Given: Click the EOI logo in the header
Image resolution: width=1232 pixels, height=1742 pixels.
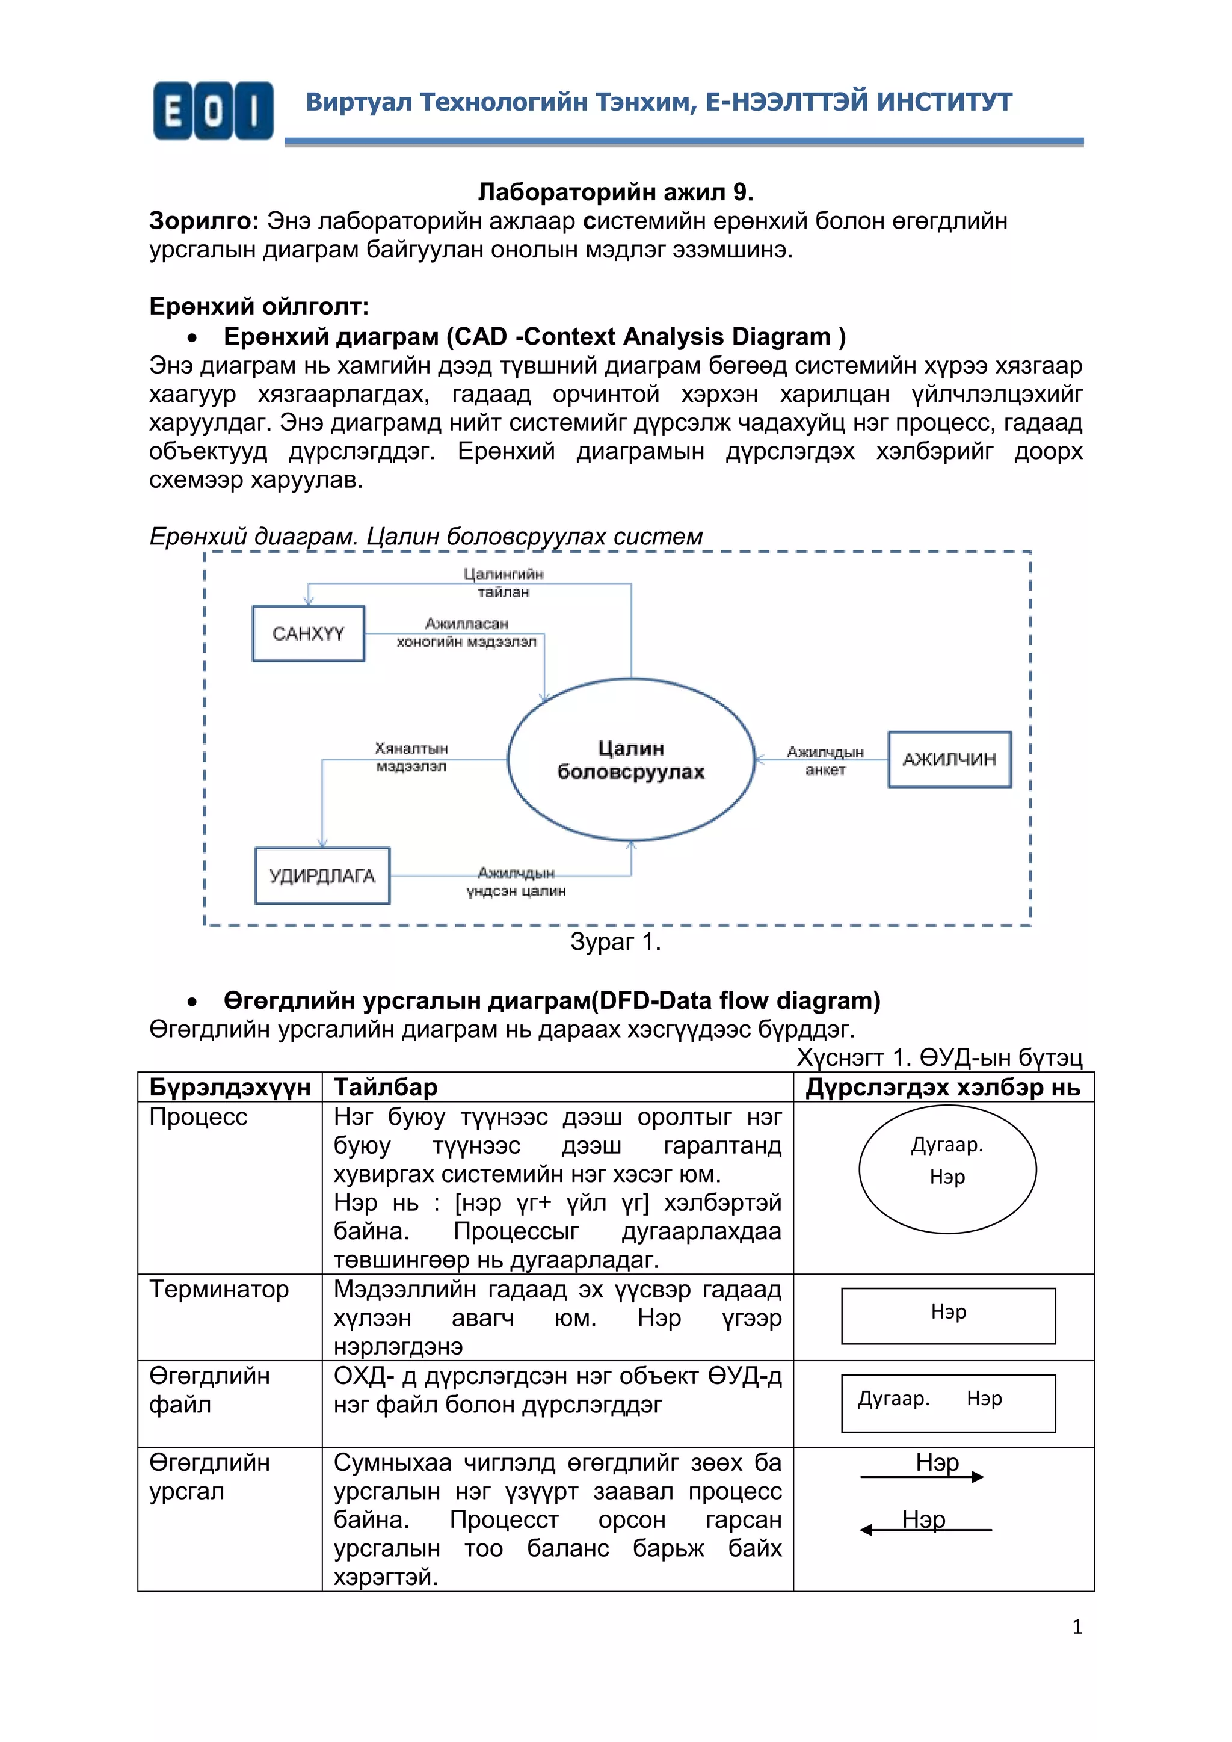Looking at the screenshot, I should point(212,111).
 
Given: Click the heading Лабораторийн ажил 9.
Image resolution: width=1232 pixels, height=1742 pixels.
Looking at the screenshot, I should point(615,192).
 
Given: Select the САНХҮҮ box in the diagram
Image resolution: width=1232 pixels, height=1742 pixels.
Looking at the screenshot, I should point(308,633).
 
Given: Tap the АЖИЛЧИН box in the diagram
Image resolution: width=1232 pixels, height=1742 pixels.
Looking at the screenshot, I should point(949,760).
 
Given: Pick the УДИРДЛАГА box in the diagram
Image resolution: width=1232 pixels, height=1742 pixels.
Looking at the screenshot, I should point(322,876).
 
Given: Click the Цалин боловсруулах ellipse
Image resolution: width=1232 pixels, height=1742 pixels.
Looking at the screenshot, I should point(630,760).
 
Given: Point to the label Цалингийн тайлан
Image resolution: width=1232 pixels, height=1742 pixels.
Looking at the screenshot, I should point(503,583).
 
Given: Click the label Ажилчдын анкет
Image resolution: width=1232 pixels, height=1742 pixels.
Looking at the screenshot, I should point(825,760).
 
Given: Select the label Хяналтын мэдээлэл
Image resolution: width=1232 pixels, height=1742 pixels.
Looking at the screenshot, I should point(411,757).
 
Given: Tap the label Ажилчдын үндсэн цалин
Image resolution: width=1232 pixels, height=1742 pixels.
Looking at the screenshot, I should point(516,882).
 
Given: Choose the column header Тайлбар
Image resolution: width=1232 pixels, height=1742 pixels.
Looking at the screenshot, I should point(386,1087).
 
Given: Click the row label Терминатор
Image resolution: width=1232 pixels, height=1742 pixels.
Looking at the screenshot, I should point(218,1289).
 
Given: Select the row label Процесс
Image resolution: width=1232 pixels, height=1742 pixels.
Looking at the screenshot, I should point(198,1117).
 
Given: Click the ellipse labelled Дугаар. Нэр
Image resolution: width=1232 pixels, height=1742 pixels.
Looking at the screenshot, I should point(947,1169).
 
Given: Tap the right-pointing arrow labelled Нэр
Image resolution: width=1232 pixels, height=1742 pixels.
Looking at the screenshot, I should point(922,1477).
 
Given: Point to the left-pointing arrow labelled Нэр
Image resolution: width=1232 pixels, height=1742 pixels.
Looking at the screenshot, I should point(926,1530).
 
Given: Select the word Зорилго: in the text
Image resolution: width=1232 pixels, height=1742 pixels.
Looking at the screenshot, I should point(204,221).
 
